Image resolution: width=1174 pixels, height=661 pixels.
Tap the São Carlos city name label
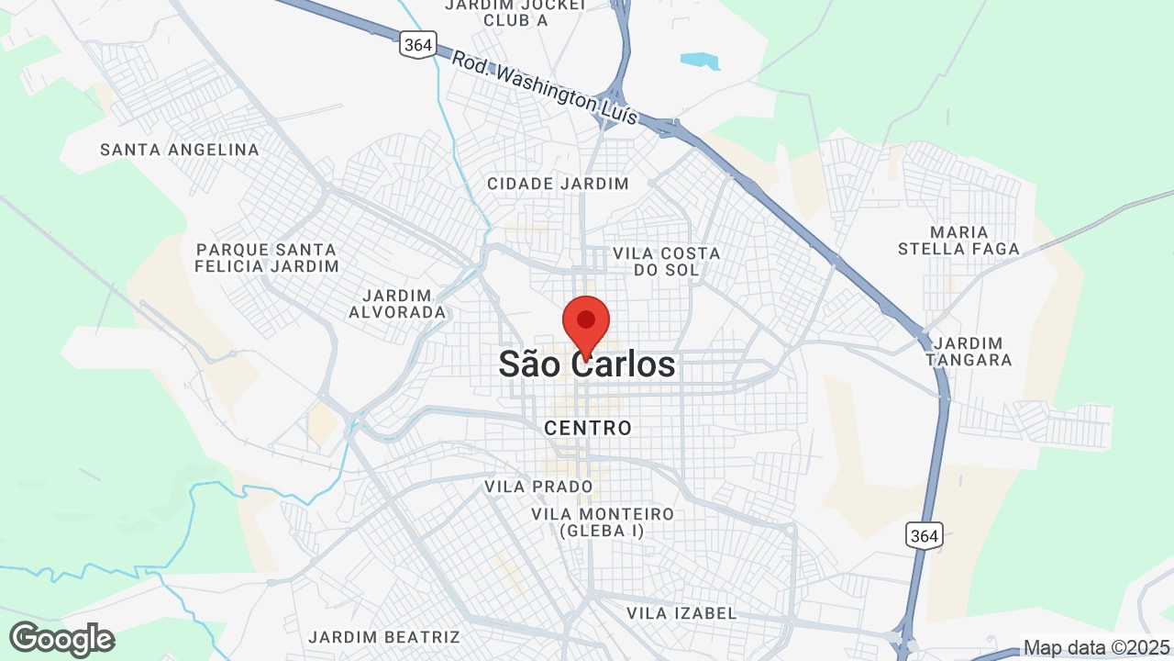[587, 365]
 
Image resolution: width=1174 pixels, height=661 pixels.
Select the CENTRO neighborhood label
[588, 428]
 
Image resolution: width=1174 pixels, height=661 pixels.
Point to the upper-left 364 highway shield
[417, 44]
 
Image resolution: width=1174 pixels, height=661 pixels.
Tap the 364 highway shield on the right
[924, 535]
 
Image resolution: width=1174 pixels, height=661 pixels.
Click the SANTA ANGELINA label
[180, 150]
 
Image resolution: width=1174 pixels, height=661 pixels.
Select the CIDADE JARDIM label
[558, 184]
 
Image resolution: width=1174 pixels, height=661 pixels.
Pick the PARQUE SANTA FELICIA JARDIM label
[267, 258]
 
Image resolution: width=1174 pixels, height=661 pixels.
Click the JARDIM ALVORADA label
[397, 304]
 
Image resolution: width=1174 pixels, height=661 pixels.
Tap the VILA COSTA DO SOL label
[667, 261]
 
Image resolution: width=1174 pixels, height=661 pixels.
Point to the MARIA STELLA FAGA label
[958, 241]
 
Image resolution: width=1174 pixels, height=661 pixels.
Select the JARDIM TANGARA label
[969, 352]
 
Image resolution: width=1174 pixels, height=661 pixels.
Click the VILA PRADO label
[538, 486]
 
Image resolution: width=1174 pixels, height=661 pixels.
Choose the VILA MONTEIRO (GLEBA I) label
[603, 522]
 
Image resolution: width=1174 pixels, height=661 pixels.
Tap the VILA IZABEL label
[681, 612]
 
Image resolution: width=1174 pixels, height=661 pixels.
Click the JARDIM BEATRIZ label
[384, 636]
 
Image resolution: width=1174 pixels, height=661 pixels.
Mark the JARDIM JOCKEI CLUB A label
[515, 11]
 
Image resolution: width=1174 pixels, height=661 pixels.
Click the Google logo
[61, 639]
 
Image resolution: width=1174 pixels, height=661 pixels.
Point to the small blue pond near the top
[700, 61]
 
